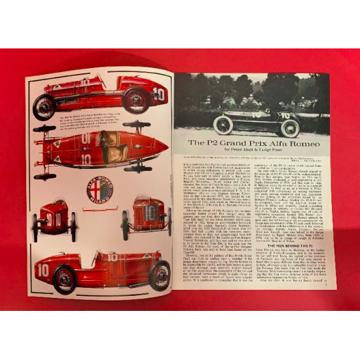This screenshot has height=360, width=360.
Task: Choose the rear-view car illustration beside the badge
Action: pos(53,219)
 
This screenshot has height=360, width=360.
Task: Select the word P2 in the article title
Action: pos(206,142)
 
